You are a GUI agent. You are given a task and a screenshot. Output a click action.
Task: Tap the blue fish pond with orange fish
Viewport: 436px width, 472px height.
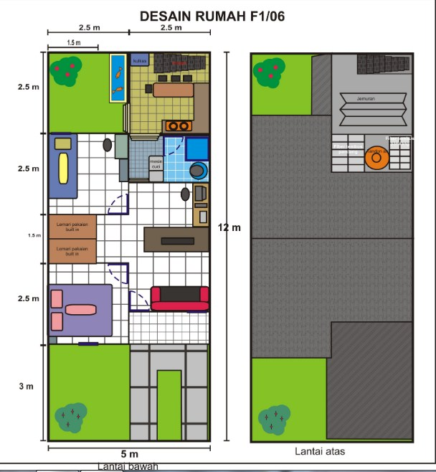[x=117, y=77]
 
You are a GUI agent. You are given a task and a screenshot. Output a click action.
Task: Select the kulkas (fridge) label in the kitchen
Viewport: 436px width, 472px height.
[x=140, y=61]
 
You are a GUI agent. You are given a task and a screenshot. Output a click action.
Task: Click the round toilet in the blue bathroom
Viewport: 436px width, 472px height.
[x=198, y=171]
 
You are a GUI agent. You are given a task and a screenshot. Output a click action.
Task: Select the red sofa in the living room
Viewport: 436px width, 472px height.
[x=179, y=298]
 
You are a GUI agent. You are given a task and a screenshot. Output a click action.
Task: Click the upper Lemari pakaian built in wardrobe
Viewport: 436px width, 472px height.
[x=72, y=226]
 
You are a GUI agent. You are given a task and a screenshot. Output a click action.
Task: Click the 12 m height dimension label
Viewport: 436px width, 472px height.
[x=231, y=227]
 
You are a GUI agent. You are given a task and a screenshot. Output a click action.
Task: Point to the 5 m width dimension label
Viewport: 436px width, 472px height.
[x=129, y=454]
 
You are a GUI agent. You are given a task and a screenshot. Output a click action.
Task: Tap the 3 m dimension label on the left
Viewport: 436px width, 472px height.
[x=26, y=387]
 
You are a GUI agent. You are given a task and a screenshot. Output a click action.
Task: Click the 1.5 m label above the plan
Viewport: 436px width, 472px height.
[x=73, y=43]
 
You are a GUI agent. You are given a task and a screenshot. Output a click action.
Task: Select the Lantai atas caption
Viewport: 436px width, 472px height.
[x=320, y=452]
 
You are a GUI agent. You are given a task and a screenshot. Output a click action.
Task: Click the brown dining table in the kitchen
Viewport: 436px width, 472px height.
[x=174, y=90]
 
